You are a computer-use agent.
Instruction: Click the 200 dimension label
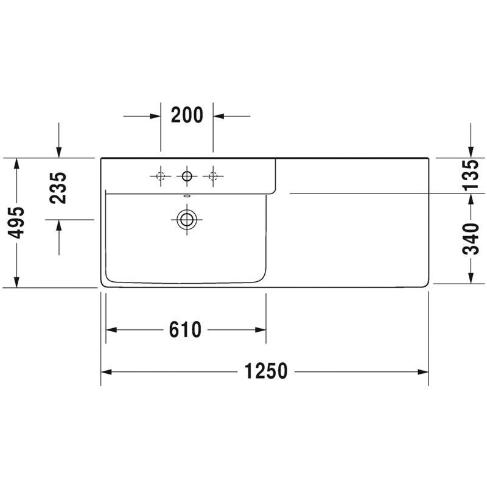[187, 115]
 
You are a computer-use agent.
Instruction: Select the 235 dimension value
[58, 188]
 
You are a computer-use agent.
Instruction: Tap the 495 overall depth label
[16, 223]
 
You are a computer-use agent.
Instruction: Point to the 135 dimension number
[471, 175]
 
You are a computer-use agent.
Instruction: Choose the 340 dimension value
[471, 239]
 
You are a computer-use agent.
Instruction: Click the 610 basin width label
[186, 329]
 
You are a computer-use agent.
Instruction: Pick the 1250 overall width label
[266, 371]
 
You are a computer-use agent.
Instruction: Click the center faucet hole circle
[187, 176]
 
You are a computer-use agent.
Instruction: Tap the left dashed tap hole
[161, 176]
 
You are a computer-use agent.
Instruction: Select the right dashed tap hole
[213, 176]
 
